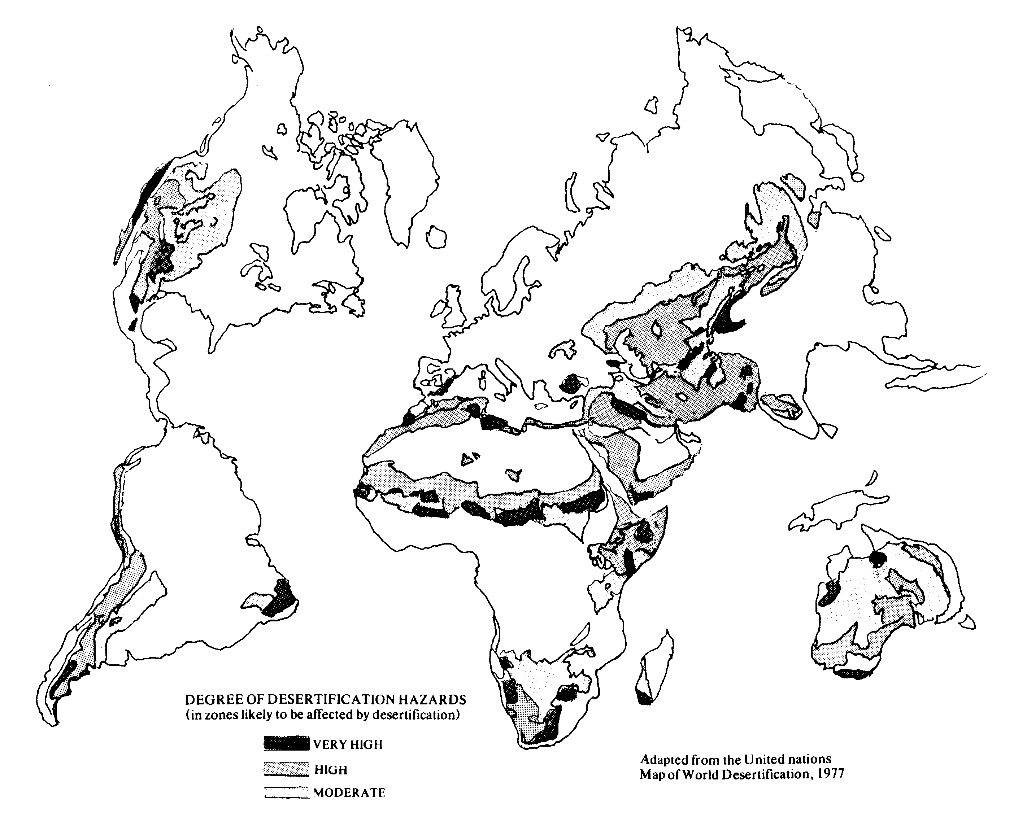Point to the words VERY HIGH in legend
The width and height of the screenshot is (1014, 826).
pos(348,744)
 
